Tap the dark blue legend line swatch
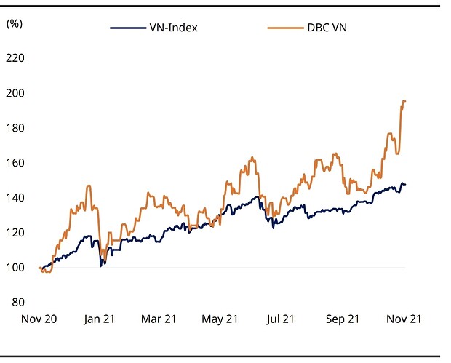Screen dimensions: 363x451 tap(124, 28)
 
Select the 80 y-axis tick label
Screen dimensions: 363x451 tap(18, 302)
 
